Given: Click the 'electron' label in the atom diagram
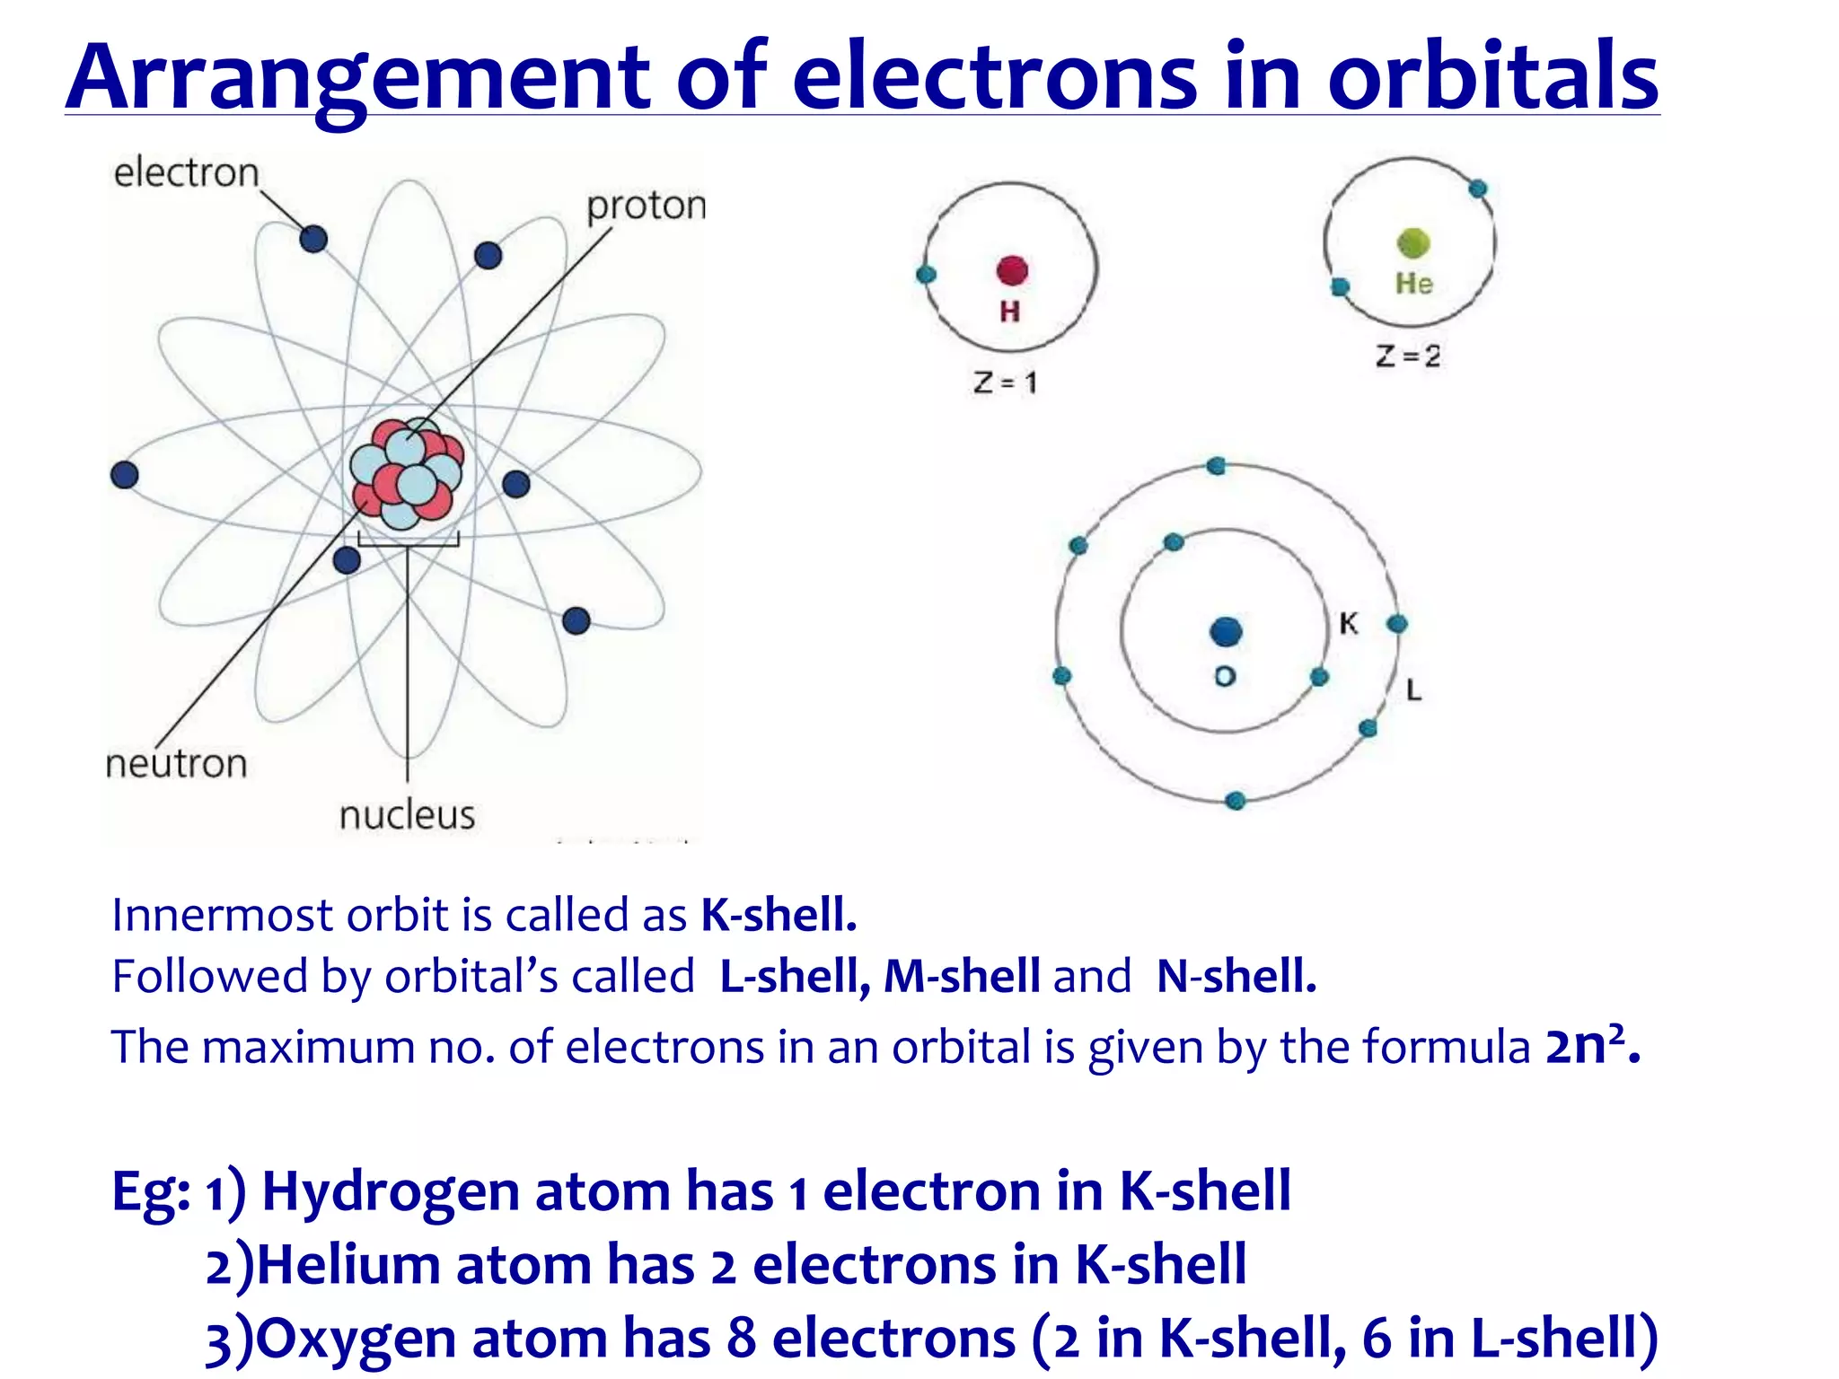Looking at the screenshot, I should pos(186,172).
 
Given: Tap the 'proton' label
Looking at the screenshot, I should pos(646,206).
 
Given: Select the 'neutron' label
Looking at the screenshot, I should pos(176,764).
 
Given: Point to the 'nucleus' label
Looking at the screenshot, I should pos(407,815).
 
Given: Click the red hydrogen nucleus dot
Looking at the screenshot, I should pos(1012,270).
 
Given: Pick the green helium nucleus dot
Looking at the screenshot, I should pos(1413,242).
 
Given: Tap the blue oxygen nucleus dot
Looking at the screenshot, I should pos(1226,631).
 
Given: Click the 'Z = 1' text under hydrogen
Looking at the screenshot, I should pos(1005,383).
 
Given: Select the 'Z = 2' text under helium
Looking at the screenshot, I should pos(1407,356).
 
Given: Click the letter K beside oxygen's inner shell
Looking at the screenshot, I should pos(1348,623).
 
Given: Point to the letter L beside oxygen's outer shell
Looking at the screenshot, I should pos(1413,689).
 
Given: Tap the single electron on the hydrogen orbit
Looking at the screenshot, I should pos(926,275).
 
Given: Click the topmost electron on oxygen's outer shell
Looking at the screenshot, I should pos(1216,465).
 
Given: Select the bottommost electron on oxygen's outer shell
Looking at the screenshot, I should pos(1236,800).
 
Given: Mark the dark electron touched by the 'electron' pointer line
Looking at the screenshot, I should pos(312,239).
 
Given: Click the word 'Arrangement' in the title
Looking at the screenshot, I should pos(357,78).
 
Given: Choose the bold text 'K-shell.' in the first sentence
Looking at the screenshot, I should pos(779,915).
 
